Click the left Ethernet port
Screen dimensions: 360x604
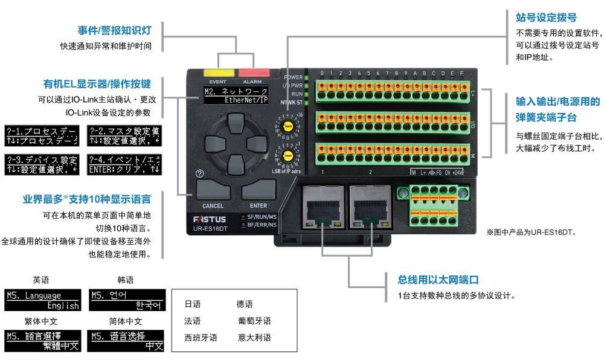tap(322, 205)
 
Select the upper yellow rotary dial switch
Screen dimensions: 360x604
tap(289, 126)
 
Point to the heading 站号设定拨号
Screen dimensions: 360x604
tap(542, 18)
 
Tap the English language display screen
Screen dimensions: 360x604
tap(43, 300)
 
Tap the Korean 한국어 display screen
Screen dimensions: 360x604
tap(127, 300)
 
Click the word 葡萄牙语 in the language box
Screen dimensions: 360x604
tap(254, 321)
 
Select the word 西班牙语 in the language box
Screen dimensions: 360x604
tap(201, 338)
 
